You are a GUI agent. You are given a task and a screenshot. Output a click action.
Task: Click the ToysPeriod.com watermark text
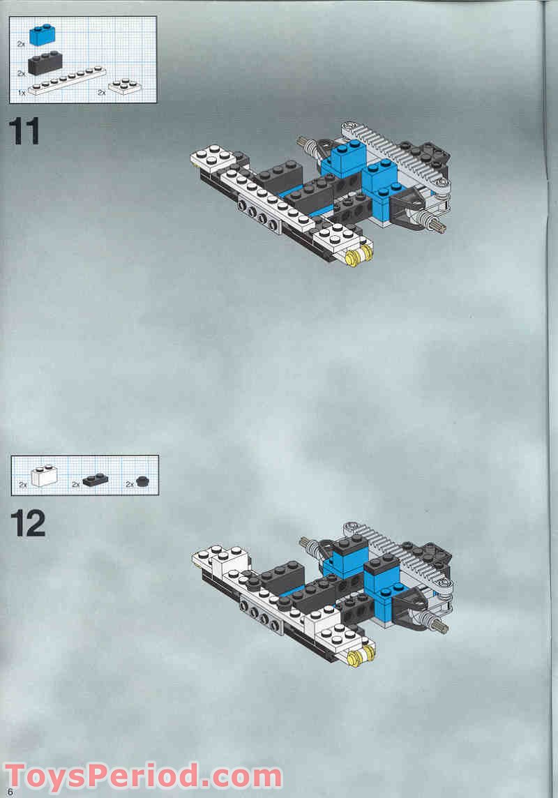(143, 776)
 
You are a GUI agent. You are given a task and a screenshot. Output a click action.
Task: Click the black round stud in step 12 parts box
(144, 480)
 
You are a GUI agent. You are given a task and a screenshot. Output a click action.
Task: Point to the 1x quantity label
(22, 91)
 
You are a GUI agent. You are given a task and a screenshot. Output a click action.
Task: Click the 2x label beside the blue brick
(22, 43)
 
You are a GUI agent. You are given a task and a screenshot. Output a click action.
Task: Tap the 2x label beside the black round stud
(130, 484)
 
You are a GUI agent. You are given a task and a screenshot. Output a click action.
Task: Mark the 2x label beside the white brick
(23, 484)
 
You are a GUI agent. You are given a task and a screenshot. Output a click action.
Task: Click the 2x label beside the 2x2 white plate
(101, 91)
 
